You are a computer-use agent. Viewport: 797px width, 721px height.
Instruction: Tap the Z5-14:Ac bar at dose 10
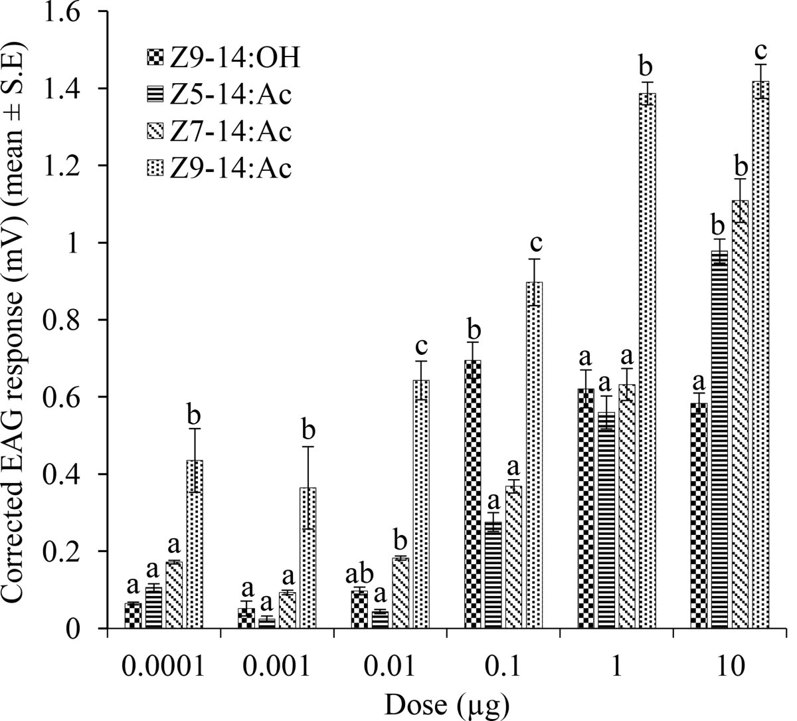719,439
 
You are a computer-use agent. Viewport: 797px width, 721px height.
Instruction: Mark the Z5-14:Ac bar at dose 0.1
493,575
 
